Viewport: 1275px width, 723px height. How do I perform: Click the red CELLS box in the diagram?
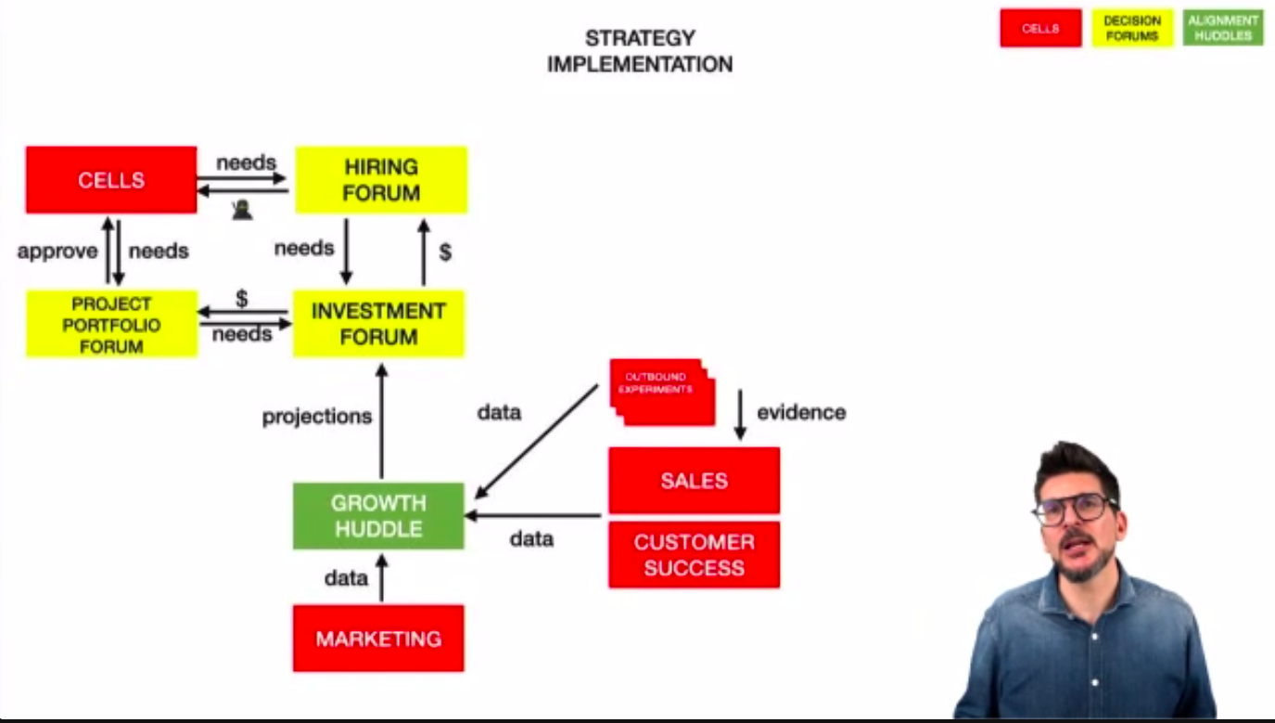tap(111, 179)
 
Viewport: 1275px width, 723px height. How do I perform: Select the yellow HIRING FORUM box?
tap(381, 179)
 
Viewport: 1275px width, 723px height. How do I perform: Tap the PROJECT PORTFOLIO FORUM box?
tap(111, 324)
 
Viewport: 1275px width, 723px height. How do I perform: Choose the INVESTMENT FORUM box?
tap(378, 323)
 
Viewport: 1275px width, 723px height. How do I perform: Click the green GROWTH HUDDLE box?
tap(378, 515)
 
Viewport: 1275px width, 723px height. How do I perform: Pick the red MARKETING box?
tap(378, 639)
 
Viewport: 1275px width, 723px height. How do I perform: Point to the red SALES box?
tap(694, 480)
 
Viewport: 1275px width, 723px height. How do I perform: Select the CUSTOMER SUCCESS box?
tap(694, 554)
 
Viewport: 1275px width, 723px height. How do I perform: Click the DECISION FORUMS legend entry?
tap(1131, 28)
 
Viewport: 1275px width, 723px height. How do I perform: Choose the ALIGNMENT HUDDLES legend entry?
tap(1223, 28)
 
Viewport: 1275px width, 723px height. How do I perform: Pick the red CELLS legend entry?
tap(1040, 28)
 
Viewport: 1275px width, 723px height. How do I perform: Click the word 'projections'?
tap(316, 417)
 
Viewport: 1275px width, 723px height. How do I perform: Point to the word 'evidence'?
tap(801, 412)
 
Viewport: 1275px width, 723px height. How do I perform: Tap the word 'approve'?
tap(57, 251)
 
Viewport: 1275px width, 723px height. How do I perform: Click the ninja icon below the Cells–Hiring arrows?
tap(242, 211)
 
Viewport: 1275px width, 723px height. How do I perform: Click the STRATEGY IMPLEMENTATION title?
tap(640, 51)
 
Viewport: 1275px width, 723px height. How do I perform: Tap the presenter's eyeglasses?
tap(1075, 509)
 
